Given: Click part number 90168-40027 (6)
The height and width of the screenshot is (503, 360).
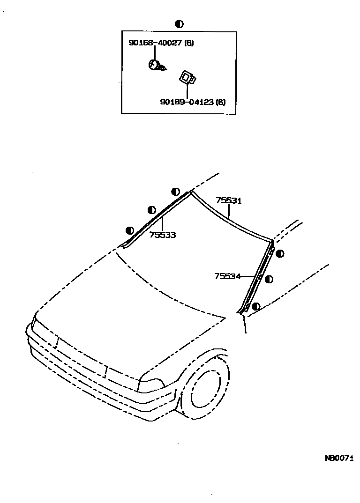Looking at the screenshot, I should pos(161,44).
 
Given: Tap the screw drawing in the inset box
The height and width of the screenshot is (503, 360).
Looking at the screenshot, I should pos(157,66).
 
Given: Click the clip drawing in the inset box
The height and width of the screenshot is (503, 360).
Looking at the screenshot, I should pos(187,77).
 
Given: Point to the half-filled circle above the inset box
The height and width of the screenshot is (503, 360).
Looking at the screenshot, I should pos(179,24).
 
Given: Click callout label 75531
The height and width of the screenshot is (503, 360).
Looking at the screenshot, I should pos(228,200).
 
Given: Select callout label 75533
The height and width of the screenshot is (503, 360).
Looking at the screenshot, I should pos(163,235).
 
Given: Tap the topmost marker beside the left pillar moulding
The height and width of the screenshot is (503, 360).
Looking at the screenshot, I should pos(175,191).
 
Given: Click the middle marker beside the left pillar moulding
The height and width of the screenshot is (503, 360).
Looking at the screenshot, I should pos(151,210).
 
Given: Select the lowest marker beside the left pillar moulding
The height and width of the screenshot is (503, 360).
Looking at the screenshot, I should pos(130,230).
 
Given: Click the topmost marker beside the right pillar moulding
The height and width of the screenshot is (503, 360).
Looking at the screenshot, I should pos(280,254).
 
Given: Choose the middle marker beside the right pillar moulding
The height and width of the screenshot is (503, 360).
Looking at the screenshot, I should pos(269,279).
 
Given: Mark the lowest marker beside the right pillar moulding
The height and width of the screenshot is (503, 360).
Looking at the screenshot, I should pos(256,306).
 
